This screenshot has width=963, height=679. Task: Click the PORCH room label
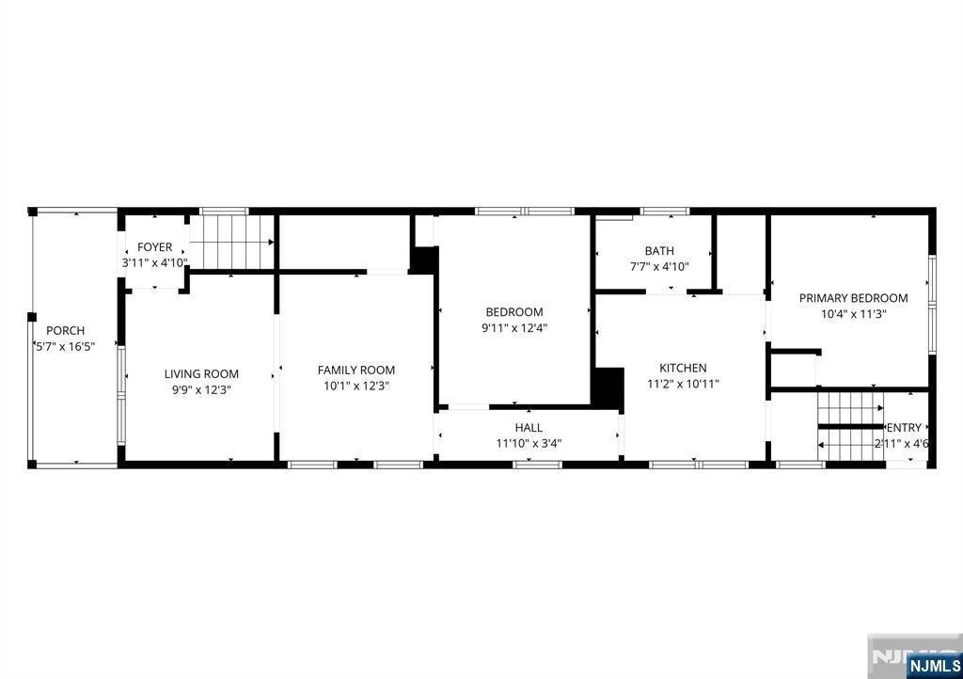tap(65, 331)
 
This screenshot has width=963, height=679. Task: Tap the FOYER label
tap(155, 247)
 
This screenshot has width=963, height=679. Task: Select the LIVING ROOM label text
tap(201, 374)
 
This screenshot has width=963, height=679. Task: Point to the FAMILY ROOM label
tap(356, 371)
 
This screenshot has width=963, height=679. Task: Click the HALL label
tap(529, 428)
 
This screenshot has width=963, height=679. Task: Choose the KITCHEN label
tap(683, 368)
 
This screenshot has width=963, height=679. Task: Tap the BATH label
tap(659, 251)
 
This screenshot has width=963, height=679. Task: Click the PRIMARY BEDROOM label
tap(854, 298)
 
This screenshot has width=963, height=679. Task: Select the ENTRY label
tap(904, 428)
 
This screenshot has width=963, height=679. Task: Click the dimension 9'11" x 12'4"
tap(514, 328)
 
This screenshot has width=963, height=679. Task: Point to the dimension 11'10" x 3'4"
tap(529, 443)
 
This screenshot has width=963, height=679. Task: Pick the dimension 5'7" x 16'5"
tap(65, 347)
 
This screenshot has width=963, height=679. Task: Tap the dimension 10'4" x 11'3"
tap(854, 314)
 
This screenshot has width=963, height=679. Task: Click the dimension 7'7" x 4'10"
tap(659, 267)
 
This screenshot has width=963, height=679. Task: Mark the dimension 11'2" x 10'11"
tap(683, 385)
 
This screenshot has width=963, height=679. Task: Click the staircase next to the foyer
tap(231, 242)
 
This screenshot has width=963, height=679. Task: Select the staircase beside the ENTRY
tap(850, 426)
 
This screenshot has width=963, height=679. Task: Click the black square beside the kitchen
tap(608, 388)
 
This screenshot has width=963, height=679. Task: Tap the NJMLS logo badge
tap(934, 666)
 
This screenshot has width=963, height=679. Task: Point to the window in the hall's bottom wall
tap(537, 465)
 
